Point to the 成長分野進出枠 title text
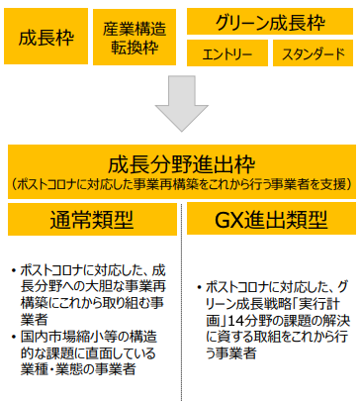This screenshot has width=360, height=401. click(x=181, y=163)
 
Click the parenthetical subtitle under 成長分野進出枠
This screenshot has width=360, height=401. click(x=181, y=185)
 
